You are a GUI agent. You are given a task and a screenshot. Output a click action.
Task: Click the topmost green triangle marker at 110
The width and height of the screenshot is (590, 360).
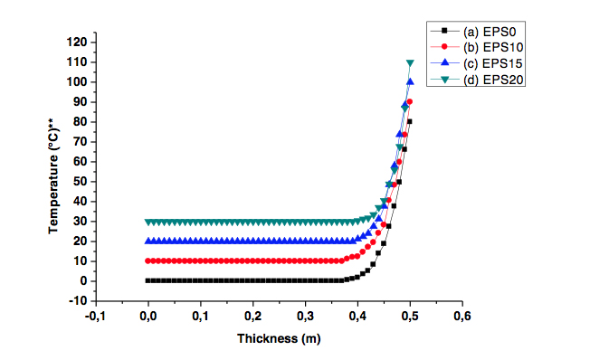[x=410, y=63]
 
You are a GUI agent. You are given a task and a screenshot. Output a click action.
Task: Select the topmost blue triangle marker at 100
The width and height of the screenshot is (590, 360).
[x=410, y=82]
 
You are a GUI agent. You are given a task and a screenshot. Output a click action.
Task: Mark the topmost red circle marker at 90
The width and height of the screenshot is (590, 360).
[x=410, y=102]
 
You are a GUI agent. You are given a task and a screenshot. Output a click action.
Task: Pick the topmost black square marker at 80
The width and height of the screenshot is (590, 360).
[x=410, y=121]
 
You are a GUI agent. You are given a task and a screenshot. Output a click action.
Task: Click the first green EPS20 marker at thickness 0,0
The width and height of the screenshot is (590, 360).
[x=148, y=222]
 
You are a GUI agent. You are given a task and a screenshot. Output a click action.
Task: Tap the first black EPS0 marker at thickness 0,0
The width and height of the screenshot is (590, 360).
[x=148, y=280]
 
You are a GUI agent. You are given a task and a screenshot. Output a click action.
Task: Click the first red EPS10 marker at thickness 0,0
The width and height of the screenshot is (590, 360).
[x=148, y=261]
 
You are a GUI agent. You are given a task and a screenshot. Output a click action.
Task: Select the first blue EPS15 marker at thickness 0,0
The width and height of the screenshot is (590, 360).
[x=148, y=241]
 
